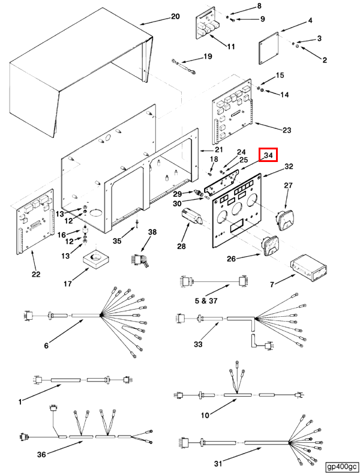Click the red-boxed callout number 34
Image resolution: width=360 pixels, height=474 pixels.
click(268, 155)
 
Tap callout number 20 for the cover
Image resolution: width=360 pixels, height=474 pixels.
click(175, 16)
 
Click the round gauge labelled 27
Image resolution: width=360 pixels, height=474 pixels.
click(286, 220)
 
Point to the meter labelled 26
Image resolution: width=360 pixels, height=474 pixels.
click(270, 247)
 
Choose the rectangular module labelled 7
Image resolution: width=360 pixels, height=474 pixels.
click(308, 269)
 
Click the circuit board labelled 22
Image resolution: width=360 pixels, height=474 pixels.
click(35, 222)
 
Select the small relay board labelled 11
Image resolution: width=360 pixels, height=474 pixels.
click(208, 26)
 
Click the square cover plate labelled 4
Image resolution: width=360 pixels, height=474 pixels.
click(269, 49)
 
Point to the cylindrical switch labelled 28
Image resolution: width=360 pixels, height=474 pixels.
click(192, 217)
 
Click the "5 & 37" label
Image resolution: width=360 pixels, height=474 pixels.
click(206, 301)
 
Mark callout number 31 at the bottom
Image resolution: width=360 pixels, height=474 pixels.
click(218, 463)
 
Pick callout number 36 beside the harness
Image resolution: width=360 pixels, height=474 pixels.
click(41, 454)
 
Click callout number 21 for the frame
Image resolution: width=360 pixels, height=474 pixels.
click(218, 149)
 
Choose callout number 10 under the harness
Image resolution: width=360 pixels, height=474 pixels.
click(205, 415)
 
